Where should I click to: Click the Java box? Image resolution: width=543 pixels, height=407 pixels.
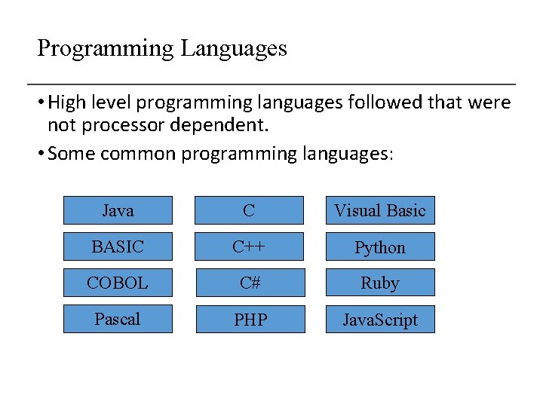point(118,210)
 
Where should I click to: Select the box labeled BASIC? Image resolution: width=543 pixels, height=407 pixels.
point(118,246)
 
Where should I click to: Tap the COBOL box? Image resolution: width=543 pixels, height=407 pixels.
point(118,283)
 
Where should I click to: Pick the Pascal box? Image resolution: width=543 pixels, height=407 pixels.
point(118,319)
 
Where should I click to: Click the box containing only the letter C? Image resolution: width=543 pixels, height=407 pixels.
point(249,210)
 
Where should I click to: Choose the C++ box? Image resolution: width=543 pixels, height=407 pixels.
point(249,246)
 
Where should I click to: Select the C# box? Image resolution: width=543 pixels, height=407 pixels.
point(250,283)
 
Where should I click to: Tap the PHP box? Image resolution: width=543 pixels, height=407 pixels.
point(250,320)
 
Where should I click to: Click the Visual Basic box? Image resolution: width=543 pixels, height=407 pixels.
point(380,210)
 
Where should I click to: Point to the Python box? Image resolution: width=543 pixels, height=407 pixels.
point(380,247)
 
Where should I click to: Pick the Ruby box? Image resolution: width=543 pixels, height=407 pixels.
point(380,283)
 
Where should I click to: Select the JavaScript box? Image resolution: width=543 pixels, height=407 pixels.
point(380,320)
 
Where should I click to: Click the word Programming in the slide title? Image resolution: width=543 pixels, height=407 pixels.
point(105,49)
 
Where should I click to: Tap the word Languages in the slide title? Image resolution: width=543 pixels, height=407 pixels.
point(233,49)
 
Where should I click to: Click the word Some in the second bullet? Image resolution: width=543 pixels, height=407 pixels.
point(71,154)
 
